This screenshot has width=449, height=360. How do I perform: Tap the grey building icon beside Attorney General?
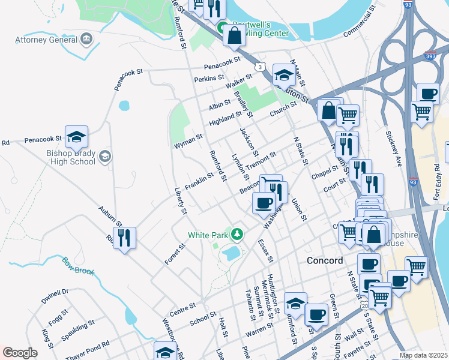pos(87,40)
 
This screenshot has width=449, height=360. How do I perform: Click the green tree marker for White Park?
pos(238,233)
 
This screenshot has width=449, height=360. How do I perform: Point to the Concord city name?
pos(325,260)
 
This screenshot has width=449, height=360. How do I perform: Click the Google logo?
pos(20,353)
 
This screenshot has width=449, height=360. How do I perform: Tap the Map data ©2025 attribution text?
pos(423,355)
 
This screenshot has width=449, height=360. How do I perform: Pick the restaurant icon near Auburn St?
pos(124,238)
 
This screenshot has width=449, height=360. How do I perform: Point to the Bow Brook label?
pos(78,266)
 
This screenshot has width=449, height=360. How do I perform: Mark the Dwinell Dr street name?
pos(56,295)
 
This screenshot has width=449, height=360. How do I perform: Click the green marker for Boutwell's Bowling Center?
pos(221,28)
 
